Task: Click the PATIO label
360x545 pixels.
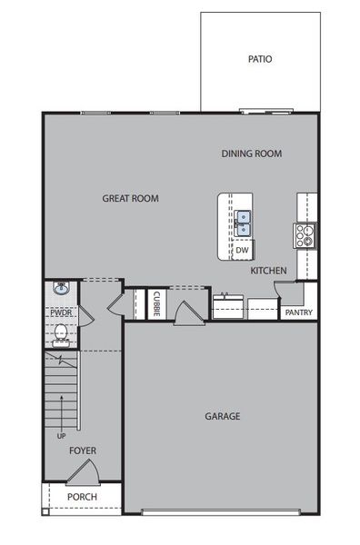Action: (x=259, y=59)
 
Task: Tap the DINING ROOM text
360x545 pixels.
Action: (x=251, y=154)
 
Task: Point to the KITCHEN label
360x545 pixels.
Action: (x=269, y=271)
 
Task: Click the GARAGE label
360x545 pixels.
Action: (x=222, y=417)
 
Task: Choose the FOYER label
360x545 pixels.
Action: (x=82, y=451)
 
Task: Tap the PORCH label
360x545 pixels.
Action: (x=82, y=498)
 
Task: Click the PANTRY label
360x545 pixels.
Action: (x=298, y=312)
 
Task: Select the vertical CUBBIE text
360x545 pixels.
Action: (x=156, y=303)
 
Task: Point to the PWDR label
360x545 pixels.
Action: (x=60, y=313)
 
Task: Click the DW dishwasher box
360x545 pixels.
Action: (x=243, y=250)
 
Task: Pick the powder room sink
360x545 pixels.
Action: (x=61, y=290)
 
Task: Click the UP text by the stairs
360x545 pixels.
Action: (x=62, y=436)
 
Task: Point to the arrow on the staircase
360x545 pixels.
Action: (x=62, y=400)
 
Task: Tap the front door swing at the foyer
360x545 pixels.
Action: (x=84, y=472)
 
